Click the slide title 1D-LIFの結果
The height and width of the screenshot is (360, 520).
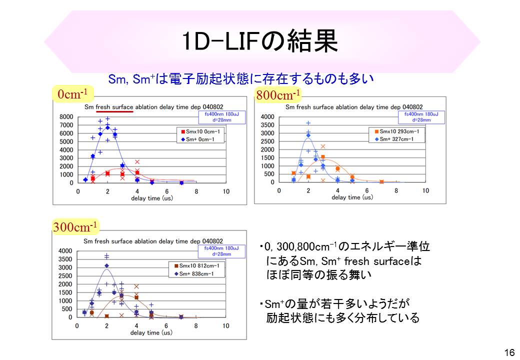point(259,42)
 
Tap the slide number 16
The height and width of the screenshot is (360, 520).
point(509,352)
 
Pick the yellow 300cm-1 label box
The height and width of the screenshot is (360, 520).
point(75,227)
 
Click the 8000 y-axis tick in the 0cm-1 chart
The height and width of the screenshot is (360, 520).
point(67,117)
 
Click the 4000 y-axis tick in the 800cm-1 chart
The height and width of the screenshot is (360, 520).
point(267,117)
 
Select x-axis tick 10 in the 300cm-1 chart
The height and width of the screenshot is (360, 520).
point(226,326)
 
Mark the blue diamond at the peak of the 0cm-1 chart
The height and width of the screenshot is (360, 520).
point(107,127)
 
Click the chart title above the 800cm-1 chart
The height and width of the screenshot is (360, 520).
point(354,107)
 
